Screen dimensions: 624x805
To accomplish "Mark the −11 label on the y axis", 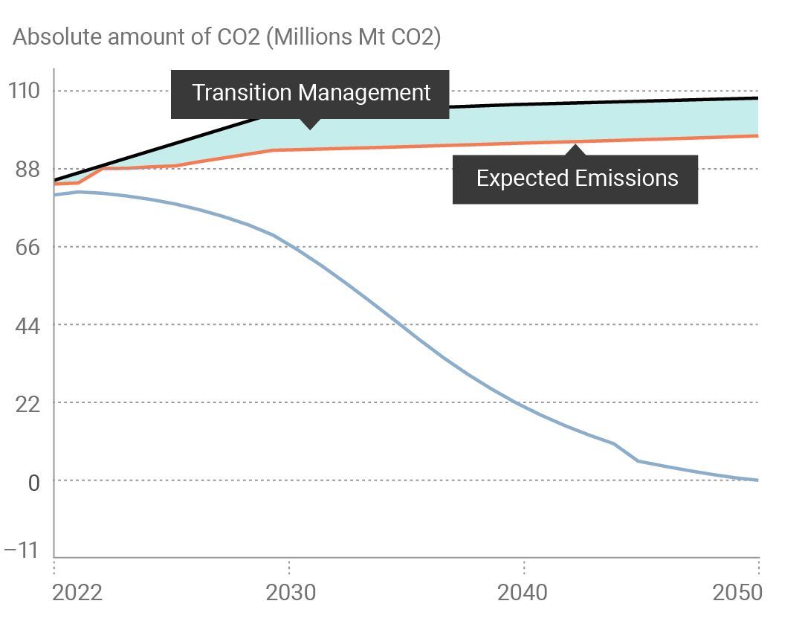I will (22, 550).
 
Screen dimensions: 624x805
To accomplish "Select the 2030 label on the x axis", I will (289, 593).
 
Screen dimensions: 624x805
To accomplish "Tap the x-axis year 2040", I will (524, 593).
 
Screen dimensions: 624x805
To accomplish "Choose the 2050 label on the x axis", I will (737, 593).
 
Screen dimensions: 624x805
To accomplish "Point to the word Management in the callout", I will (364, 93).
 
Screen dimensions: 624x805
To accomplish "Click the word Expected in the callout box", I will (522, 178).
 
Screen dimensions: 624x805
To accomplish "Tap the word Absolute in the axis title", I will (58, 38).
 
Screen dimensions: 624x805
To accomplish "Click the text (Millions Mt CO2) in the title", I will (353, 38).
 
